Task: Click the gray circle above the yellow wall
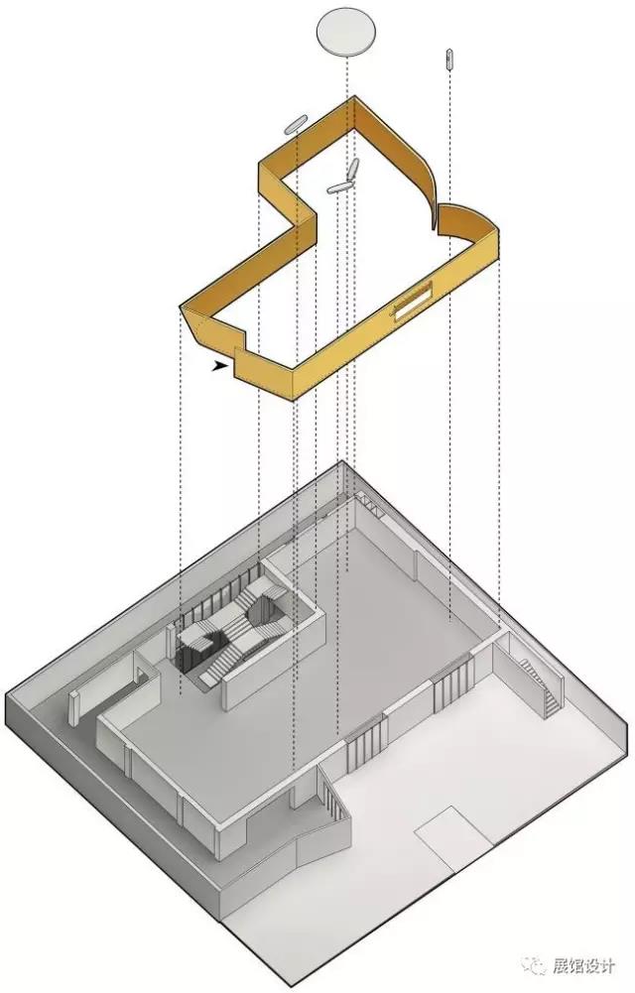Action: tap(347, 31)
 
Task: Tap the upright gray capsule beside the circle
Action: tap(448, 59)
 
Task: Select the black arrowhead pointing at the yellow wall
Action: tap(220, 366)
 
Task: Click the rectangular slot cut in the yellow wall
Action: tap(413, 300)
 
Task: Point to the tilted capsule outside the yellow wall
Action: tap(295, 124)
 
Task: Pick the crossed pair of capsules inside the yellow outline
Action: tap(345, 178)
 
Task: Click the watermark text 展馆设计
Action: tap(583, 966)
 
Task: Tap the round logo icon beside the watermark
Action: tap(534, 966)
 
